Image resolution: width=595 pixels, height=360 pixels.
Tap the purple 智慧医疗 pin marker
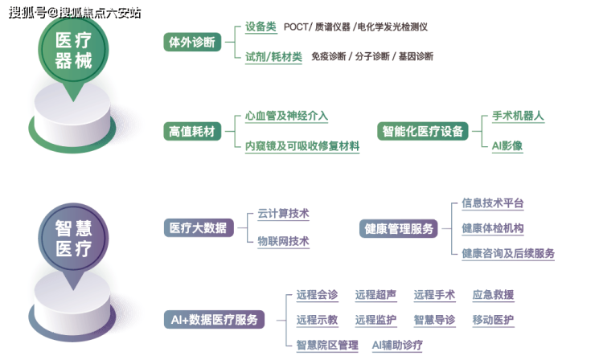pos(73,238)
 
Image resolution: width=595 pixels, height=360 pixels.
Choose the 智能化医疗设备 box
pos(423,130)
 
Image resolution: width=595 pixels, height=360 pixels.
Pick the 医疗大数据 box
pos(198,228)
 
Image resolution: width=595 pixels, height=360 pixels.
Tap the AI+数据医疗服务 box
pos(214,319)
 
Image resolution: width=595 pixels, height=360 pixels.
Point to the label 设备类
pos(261,27)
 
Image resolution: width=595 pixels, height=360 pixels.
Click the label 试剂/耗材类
pos(273,56)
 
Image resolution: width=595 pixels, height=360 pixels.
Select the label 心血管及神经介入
pos(286,116)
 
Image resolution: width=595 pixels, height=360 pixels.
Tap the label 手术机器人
pos(518,116)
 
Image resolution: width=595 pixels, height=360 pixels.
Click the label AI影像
pos(507,145)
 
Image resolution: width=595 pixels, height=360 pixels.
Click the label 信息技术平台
pos(492,203)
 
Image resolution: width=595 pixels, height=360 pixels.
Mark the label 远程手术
pos(434,295)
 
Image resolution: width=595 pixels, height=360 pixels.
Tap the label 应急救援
pos(493,295)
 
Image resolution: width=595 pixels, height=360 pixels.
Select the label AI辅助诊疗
pos(397,345)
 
